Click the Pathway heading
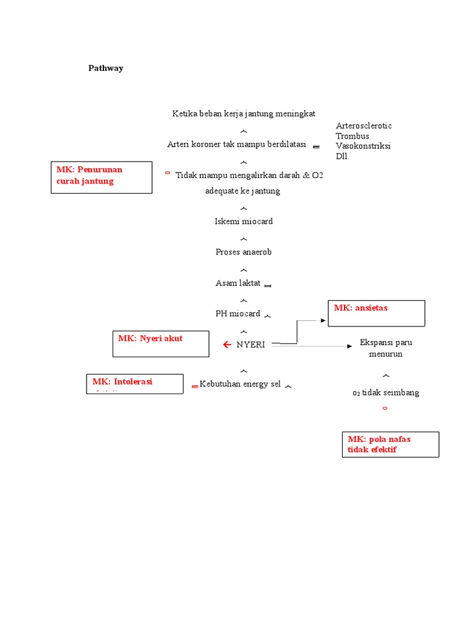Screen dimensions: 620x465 106,68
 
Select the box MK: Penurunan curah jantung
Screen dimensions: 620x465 101,177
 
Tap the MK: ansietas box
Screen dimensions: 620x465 376,313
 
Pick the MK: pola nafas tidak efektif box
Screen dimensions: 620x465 390,444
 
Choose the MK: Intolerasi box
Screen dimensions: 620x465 134,384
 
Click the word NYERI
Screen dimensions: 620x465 251,345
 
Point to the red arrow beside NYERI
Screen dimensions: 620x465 227,345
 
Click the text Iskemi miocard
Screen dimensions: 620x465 244,222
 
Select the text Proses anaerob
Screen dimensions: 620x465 243,252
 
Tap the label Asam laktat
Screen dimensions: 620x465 238,283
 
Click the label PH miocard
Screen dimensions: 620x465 238,314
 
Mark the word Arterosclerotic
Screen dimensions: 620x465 364,126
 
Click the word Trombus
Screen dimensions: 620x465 352,136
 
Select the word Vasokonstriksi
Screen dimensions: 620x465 363,147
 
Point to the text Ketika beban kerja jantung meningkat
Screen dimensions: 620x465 243,114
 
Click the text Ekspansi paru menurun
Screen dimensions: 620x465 386,348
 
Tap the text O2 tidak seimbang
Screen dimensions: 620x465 386,393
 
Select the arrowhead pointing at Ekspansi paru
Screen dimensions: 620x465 349,346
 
